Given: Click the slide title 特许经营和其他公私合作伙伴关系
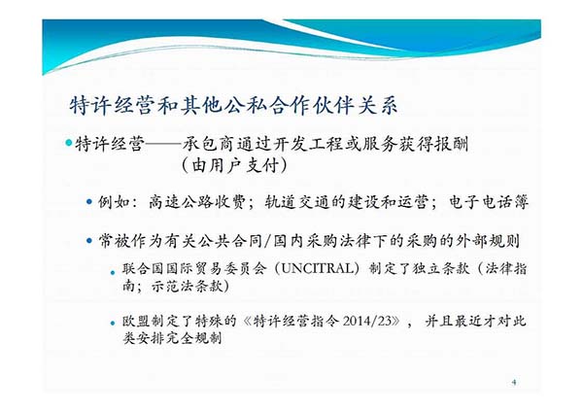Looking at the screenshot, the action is [x=233, y=105].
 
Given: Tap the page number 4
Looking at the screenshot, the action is [x=514, y=382].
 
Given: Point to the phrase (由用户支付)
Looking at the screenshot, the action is [x=234, y=165].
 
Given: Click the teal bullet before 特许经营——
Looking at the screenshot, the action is [x=68, y=143].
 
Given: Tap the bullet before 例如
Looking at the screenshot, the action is [x=89, y=202].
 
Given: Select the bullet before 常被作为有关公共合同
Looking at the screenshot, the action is [x=89, y=241].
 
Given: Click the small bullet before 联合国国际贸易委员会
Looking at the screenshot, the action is [x=113, y=273].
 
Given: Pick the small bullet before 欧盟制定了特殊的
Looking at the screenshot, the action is [x=113, y=324].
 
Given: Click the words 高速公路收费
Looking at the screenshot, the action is [x=196, y=202].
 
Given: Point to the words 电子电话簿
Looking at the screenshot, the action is [x=489, y=202].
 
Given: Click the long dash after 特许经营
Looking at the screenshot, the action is [x=163, y=144].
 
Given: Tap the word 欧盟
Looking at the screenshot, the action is [x=136, y=321].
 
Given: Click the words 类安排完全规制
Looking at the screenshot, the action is [x=173, y=337].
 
